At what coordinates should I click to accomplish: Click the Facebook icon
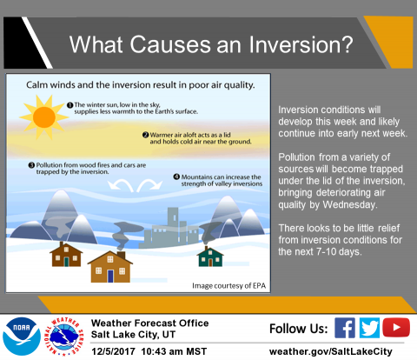click(345, 328)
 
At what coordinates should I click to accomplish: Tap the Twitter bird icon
click(369, 328)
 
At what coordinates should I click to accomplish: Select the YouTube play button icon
click(396, 328)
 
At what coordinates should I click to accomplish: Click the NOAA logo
click(22, 337)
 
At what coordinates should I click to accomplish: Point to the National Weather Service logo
click(64, 337)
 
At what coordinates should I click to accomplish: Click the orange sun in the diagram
click(44, 117)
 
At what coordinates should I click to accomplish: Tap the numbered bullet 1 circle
click(69, 105)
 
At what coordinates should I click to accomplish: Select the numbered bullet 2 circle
click(146, 135)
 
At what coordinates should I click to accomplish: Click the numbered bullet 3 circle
click(31, 165)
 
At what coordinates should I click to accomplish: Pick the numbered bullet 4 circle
click(176, 177)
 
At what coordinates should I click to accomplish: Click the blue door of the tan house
click(110, 276)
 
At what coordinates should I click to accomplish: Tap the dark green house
click(210, 257)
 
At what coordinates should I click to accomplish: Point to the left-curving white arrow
click(120, 184)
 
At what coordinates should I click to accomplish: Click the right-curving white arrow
click(149, 184)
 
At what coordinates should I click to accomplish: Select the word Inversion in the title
click(301, 44)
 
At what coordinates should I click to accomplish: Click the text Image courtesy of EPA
click(229, 286)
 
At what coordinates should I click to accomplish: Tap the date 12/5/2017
click(114, 351)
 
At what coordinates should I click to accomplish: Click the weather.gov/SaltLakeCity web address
click(331, 352)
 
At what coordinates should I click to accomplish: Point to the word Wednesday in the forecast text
click(350, 204)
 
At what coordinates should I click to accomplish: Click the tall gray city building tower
click(173, 221)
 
